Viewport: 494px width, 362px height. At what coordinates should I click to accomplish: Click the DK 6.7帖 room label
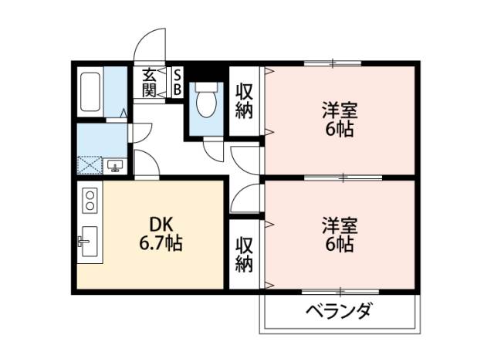[x=161, y=235]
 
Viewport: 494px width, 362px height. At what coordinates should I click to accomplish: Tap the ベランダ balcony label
[x=340, y=310]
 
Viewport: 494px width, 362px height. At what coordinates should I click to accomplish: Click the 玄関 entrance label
[x=149, y=83]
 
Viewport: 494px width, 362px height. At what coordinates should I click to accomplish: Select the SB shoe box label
[x=178, y=83]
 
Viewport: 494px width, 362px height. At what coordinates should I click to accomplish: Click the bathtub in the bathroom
[x=90, y=92]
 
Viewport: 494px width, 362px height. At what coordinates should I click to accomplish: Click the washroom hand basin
[x=115, y=166]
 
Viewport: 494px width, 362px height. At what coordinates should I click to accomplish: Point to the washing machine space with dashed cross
[x=90, y=165]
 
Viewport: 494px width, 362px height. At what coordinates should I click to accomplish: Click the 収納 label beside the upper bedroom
[x=244, y=101]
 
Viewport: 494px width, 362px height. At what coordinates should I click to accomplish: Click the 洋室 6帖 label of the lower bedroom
[x=340, y=235]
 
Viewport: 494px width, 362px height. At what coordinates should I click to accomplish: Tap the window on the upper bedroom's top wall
[x=333, y=63]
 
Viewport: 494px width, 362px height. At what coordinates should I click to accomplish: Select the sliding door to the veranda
[x=340, y=292]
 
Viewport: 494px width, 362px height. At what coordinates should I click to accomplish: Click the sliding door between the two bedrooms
[x=343, y=178]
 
